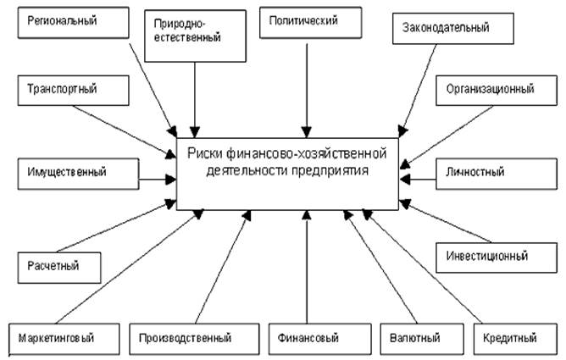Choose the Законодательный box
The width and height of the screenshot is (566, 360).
point(452,28)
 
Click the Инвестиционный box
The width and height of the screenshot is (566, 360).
point(486,255)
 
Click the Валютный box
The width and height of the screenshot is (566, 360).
point(415,338)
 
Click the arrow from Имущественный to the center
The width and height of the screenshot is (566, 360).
point(156,179)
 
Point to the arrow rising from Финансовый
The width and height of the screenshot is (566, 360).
point(308,267)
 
